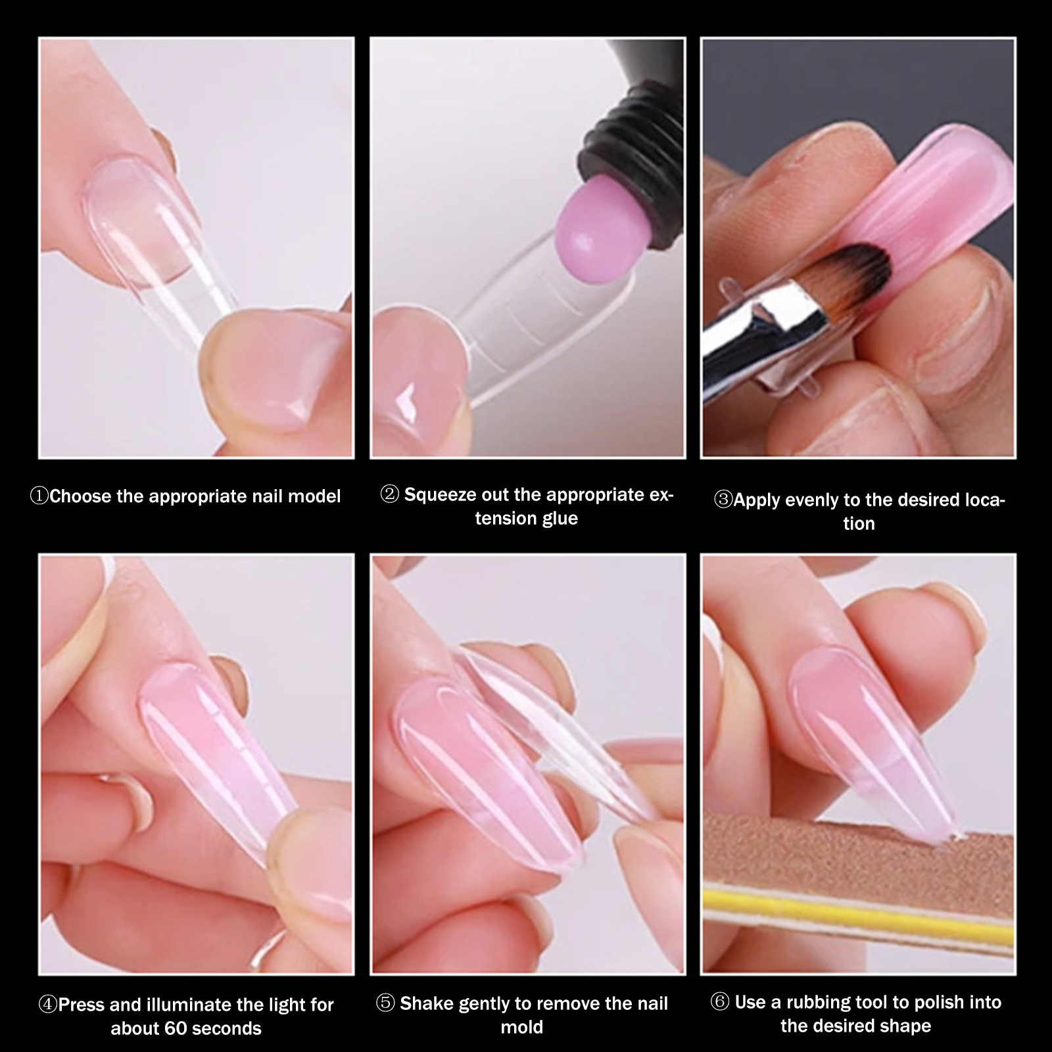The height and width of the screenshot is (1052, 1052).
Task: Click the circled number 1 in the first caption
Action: click(x=39, y=496)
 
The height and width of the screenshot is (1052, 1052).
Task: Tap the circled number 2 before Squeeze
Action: click(x=390, y=494)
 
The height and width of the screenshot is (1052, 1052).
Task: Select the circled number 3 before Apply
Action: click(x=723, y=500)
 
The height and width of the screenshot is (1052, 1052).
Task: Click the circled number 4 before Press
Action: click(x=48, y=1005)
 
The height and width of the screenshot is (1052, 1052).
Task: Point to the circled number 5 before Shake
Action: click(x=385, y=1004)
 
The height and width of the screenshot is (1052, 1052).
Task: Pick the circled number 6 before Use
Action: click(x=720, y=1003)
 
